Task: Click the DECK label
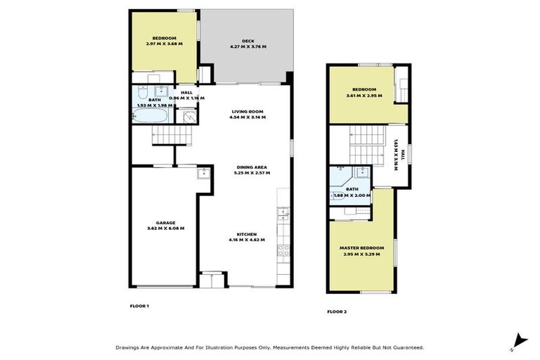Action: (247, 41)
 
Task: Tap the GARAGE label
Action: (165, 222)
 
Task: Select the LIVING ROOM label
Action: (247, 112)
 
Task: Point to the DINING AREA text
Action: (252, 167)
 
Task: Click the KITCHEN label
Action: (246, 234)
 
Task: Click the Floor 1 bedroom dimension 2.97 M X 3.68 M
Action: (165, 44)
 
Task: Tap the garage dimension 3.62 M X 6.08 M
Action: (165, 229)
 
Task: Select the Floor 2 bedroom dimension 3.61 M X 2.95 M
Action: (364, 95)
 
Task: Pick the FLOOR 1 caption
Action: (140, 306)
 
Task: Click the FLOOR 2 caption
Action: (337, 311)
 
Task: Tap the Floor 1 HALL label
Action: (187, 93)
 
